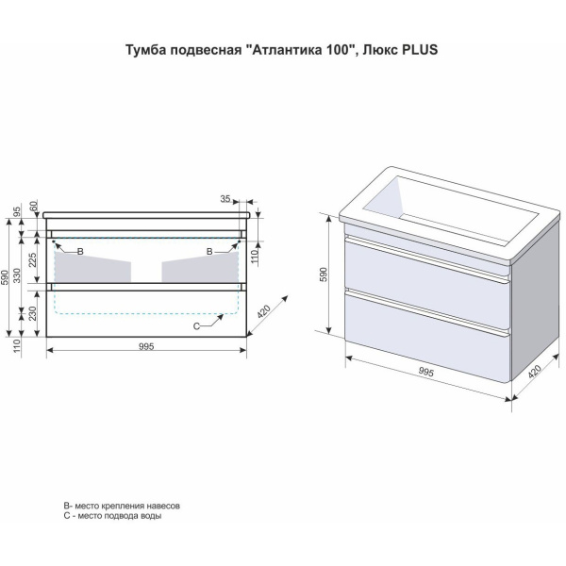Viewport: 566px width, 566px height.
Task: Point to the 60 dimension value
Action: pyautogui.click(x=33, y=206)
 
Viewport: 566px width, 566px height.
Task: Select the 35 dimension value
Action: pyautogui.click(x=225, y=199)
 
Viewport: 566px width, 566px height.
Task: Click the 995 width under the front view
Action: pyautogui.click(x=147, y=347)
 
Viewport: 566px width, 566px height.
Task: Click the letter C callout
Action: pyautogui.click(x=196, y=326)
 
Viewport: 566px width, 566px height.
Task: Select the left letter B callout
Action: pyautogui.click(x=80, y=252)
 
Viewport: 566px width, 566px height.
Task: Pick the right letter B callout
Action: pyautogui.click(x=209, y=252)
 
